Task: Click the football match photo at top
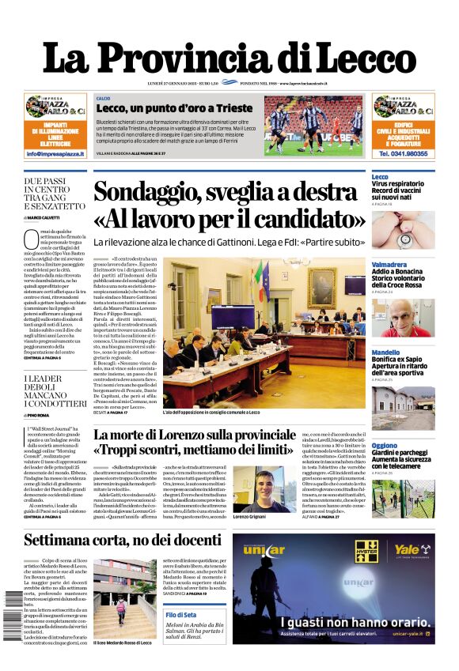313,126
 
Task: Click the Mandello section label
386,352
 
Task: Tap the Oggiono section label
385,446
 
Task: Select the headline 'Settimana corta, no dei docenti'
122,541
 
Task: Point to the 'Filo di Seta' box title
181,614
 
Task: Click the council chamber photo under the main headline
265,331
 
